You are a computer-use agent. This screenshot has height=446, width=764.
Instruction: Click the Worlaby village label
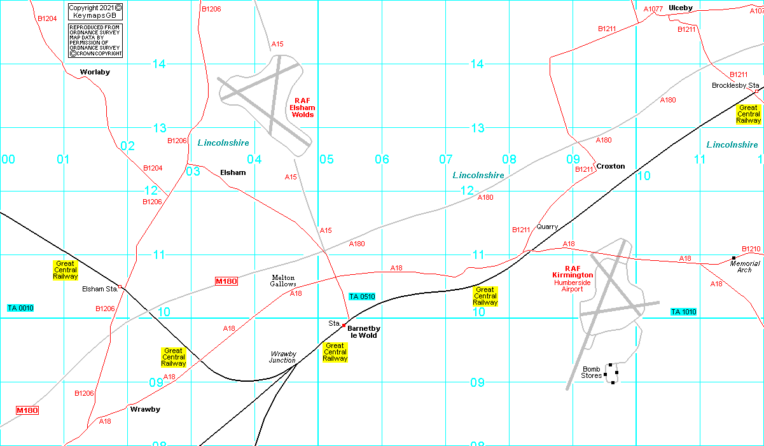click(95, 72)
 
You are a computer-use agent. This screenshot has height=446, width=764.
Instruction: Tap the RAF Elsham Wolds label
click(303, 108)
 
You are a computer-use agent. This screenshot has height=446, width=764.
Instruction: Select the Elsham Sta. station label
click(100, 289)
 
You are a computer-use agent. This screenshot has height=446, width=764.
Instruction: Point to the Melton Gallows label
click(283, 281)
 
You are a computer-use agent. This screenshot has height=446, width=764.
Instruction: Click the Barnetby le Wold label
click(364, 331)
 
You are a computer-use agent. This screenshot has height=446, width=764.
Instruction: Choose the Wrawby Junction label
click(283, 357)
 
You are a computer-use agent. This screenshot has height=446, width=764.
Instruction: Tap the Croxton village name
click(611, 166)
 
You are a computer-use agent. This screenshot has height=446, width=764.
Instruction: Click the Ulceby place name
click(681, 8)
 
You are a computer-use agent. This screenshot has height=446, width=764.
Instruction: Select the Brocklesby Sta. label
click(735, 85)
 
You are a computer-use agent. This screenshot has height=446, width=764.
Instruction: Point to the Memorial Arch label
click(745, 267)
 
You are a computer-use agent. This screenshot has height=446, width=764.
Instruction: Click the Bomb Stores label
click(592, 372)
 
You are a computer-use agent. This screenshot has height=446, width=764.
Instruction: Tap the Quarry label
click(547, 226)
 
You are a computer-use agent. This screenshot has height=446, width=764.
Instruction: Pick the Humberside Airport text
click(568, 286)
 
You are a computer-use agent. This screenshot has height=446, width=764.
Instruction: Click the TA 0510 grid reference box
click(362, 296)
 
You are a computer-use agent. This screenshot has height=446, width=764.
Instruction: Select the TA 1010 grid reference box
click(683, 312)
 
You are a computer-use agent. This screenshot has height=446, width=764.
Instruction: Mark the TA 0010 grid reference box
click(20, 308)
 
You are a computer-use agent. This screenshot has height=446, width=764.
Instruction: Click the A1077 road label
click(653, 9)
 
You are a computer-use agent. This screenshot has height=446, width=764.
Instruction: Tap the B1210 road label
click(751, 249)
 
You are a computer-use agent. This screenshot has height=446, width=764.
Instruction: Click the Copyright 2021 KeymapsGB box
click(95, 11)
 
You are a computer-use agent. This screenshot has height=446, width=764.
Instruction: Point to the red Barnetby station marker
click(344, 325)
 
